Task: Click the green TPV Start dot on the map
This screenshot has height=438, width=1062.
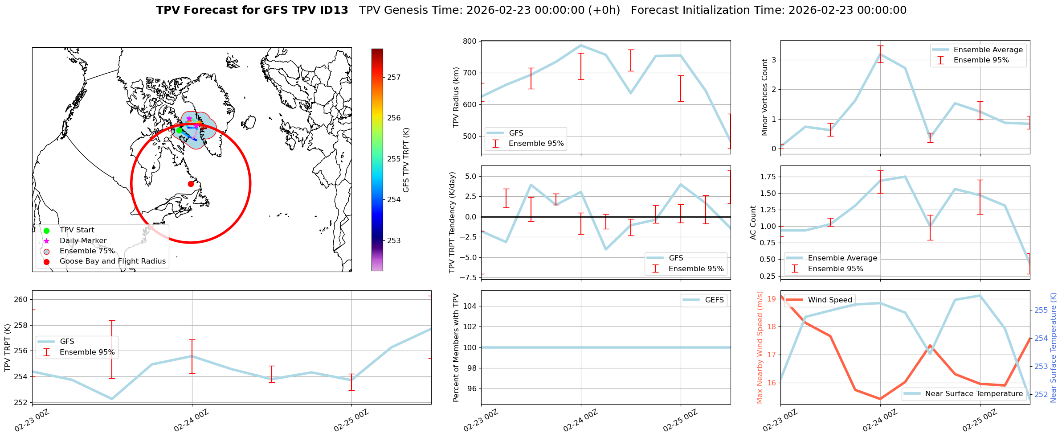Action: (x=179, y=130)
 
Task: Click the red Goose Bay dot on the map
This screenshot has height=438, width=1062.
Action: (x=191, y=184)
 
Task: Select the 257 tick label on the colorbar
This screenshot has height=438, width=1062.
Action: (x=394, y=78)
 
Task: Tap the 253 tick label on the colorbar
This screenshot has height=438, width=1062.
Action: (x=394, y=241)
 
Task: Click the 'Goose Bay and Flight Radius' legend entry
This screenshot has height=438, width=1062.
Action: (x=112, y=261)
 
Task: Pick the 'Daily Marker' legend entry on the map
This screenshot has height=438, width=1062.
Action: (x=83, y=241)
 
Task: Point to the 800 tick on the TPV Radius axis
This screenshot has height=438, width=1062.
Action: (x=470, y=41)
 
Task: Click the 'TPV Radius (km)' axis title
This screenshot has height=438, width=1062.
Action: (x=456, y=97)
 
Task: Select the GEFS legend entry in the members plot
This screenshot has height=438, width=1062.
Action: (x=714, y=300)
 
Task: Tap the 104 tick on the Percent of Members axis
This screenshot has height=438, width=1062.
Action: (x=470, y=306)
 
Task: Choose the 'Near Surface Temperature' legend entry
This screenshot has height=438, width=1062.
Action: (x=973, y=394)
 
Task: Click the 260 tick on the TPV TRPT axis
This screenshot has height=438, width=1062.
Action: (x=22, y=299)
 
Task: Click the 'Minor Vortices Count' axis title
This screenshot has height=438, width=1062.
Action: (x=765, y=97)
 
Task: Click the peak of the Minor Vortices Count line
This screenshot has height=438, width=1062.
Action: (x=880, y=54)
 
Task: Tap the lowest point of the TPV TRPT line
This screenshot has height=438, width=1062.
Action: (x=112, y=399)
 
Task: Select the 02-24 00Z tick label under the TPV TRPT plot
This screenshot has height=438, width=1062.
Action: (x=192, y=420)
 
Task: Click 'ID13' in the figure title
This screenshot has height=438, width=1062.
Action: (x=332, y=10)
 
